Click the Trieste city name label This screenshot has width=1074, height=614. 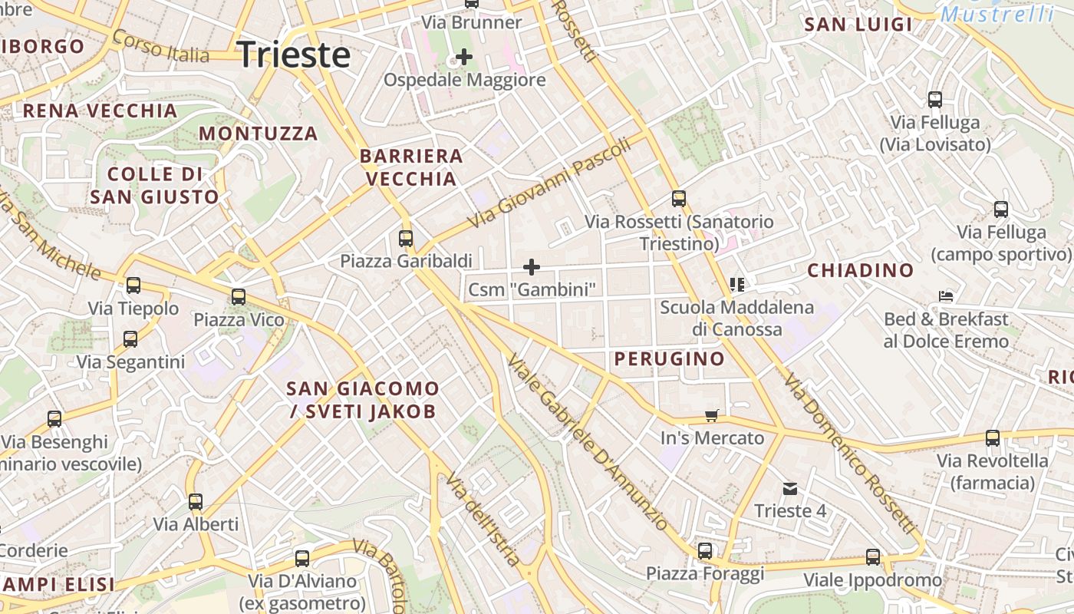point(294,55)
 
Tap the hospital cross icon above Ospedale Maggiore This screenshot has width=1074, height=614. point(463,56)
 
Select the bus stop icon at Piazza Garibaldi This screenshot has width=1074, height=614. point(406,238)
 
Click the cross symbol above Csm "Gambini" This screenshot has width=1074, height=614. point(531,267)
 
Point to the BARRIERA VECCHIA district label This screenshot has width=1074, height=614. point(411,167)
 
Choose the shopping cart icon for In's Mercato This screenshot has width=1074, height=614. point(712,415)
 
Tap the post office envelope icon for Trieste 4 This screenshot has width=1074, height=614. point(789,488)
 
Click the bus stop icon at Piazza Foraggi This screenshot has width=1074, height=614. point(704,550)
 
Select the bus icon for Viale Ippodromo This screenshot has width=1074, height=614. point(873,557)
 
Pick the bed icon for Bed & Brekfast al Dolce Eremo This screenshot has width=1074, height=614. point(946,296)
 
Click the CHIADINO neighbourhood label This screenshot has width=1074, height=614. point(861,270)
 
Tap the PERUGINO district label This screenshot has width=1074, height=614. point(669,358)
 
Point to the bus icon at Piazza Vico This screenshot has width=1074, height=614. point(239,296)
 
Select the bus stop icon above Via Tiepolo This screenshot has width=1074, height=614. point(133,286)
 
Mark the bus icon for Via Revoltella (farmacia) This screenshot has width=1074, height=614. point(993,438)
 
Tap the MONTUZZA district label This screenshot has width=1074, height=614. point(258,134)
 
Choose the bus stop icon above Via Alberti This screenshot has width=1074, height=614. point(196,502)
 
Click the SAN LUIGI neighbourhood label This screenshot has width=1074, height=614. point(858,25)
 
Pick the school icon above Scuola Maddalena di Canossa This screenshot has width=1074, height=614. point(737,285)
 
